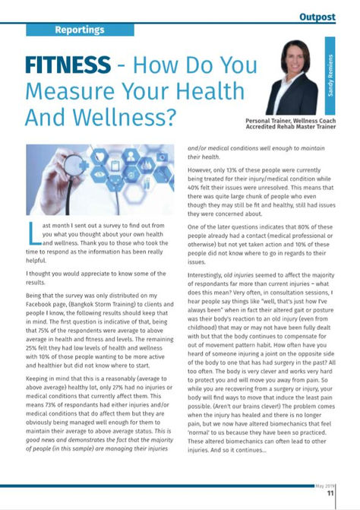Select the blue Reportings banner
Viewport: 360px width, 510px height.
tap(80, 30)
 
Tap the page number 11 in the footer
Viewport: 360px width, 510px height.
tap(330, 493)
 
